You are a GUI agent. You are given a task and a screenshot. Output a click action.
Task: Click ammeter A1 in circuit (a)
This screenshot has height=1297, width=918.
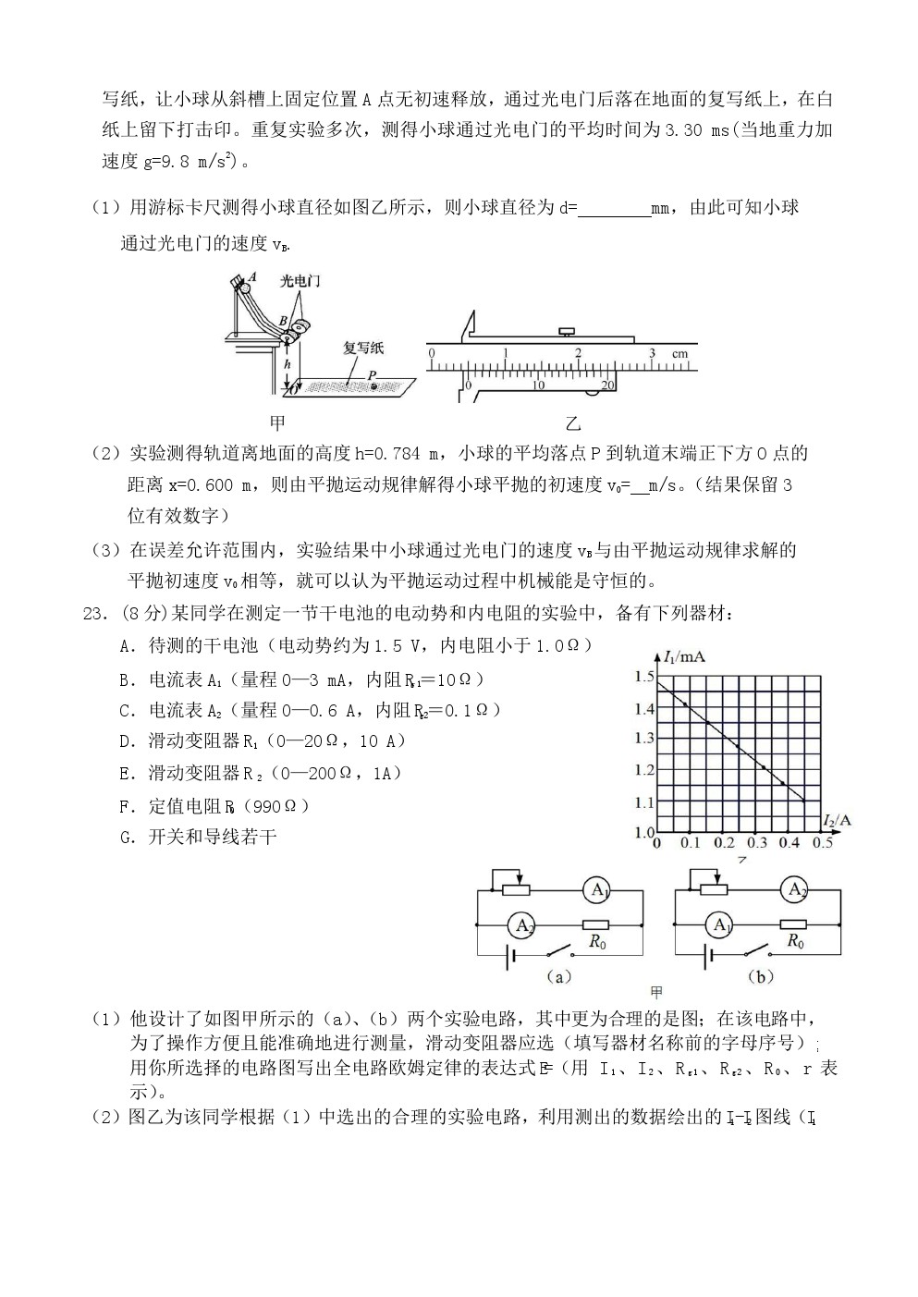tap(597, 891)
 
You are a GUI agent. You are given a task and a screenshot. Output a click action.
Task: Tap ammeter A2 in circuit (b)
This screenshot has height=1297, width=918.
tap(793, 890)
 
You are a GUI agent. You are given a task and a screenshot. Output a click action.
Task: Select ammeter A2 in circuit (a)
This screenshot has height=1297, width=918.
tap(524, 924)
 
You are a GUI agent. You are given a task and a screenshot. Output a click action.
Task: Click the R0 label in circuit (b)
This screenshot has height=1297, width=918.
tap(795, 942)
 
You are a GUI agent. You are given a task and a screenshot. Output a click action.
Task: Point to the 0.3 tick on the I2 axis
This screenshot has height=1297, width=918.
tap(757, 843)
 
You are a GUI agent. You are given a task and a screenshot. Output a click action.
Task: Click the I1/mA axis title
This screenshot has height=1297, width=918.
tap(684, 656)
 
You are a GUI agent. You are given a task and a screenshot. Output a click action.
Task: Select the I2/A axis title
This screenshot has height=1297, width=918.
tap(837, 819)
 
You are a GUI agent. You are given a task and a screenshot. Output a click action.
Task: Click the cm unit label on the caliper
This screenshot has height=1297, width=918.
tap(679, 353)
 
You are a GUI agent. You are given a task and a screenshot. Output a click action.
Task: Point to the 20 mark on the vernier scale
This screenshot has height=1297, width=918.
tap(607, 385)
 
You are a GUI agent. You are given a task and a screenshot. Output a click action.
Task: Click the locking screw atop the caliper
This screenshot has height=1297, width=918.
tap(566, 329)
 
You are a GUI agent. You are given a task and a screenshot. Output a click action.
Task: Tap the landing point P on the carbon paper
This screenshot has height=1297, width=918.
tap(374, 385)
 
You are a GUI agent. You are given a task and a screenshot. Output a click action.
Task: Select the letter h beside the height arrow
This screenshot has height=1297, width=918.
tap(288, 365)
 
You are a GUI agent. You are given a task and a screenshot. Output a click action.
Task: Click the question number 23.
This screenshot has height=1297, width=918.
tap(92, 613)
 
